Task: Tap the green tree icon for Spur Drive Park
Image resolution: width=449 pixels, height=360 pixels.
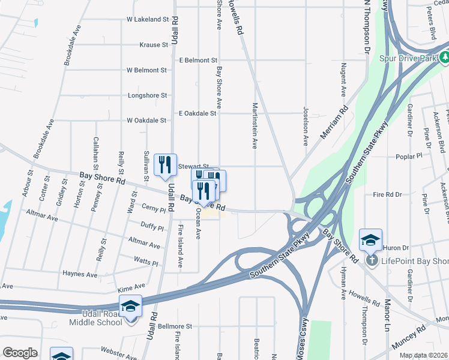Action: tap(444, 59)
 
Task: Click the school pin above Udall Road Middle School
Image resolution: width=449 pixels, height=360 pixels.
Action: tap(130, 306)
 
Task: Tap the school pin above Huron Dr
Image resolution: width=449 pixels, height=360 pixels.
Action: tap(370, 240)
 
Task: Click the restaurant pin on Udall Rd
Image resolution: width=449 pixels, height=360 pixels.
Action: tap(165, 164)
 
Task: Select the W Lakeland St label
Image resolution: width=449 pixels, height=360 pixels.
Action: tap(148, 19)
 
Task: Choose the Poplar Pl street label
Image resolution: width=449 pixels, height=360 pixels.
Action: tap(427, 157)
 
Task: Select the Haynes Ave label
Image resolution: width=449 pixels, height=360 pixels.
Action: tap(80, 274)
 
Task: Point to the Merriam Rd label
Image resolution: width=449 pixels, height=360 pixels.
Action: tap(334, 123)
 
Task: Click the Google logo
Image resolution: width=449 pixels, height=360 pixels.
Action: tap(20, 353)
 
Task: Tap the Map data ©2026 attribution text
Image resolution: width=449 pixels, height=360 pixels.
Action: tap(423, 355)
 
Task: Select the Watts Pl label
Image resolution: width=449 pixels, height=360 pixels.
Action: tap(146, 263)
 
